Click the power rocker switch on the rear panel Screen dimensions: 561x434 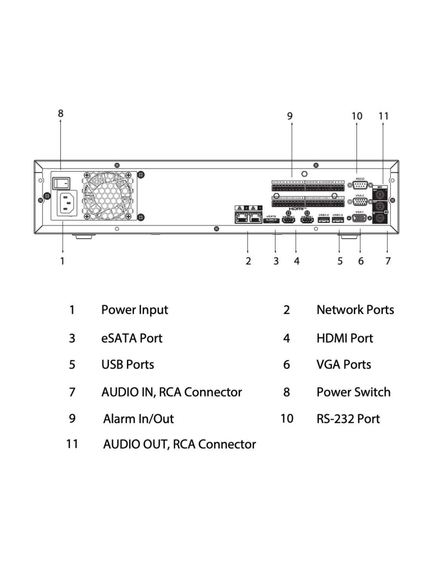click(x=61, y=183)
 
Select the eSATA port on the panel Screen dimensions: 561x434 click(x=271, y=221)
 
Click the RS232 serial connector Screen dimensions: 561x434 click(x=360, y=185)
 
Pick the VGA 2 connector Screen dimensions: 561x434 click(x=360, y=202)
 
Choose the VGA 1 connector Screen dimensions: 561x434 click(x=360, y=219)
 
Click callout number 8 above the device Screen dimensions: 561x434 click(x=60, y=114)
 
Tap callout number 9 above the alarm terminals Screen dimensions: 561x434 click(x=290, y=116)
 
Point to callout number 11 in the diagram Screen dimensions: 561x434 click(x=383, y=116)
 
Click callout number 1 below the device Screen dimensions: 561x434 click(x=62, y=261)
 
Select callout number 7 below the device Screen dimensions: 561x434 click(x=388, y=261)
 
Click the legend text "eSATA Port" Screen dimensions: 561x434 click(x=132, y=338)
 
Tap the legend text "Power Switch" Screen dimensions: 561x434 click(x=353, y=392)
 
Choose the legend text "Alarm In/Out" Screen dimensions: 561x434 click(x=138, y=419)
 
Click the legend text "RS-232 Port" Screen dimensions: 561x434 click(x=348, y=419)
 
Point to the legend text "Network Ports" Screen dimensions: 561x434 click(x=355, y=310)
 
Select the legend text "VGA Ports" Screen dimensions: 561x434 click(x=344, y=365)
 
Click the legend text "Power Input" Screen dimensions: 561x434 click(x=135, y=310)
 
